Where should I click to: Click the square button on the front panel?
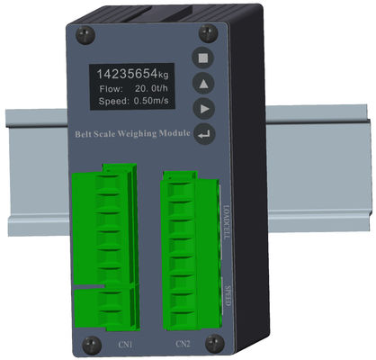(x=205, y=57)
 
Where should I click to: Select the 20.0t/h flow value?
(x=153, y=91)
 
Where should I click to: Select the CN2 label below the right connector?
(x=183, y=344)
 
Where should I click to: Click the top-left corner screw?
(x=85, y=35)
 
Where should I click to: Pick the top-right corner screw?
(x=210, y=33)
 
